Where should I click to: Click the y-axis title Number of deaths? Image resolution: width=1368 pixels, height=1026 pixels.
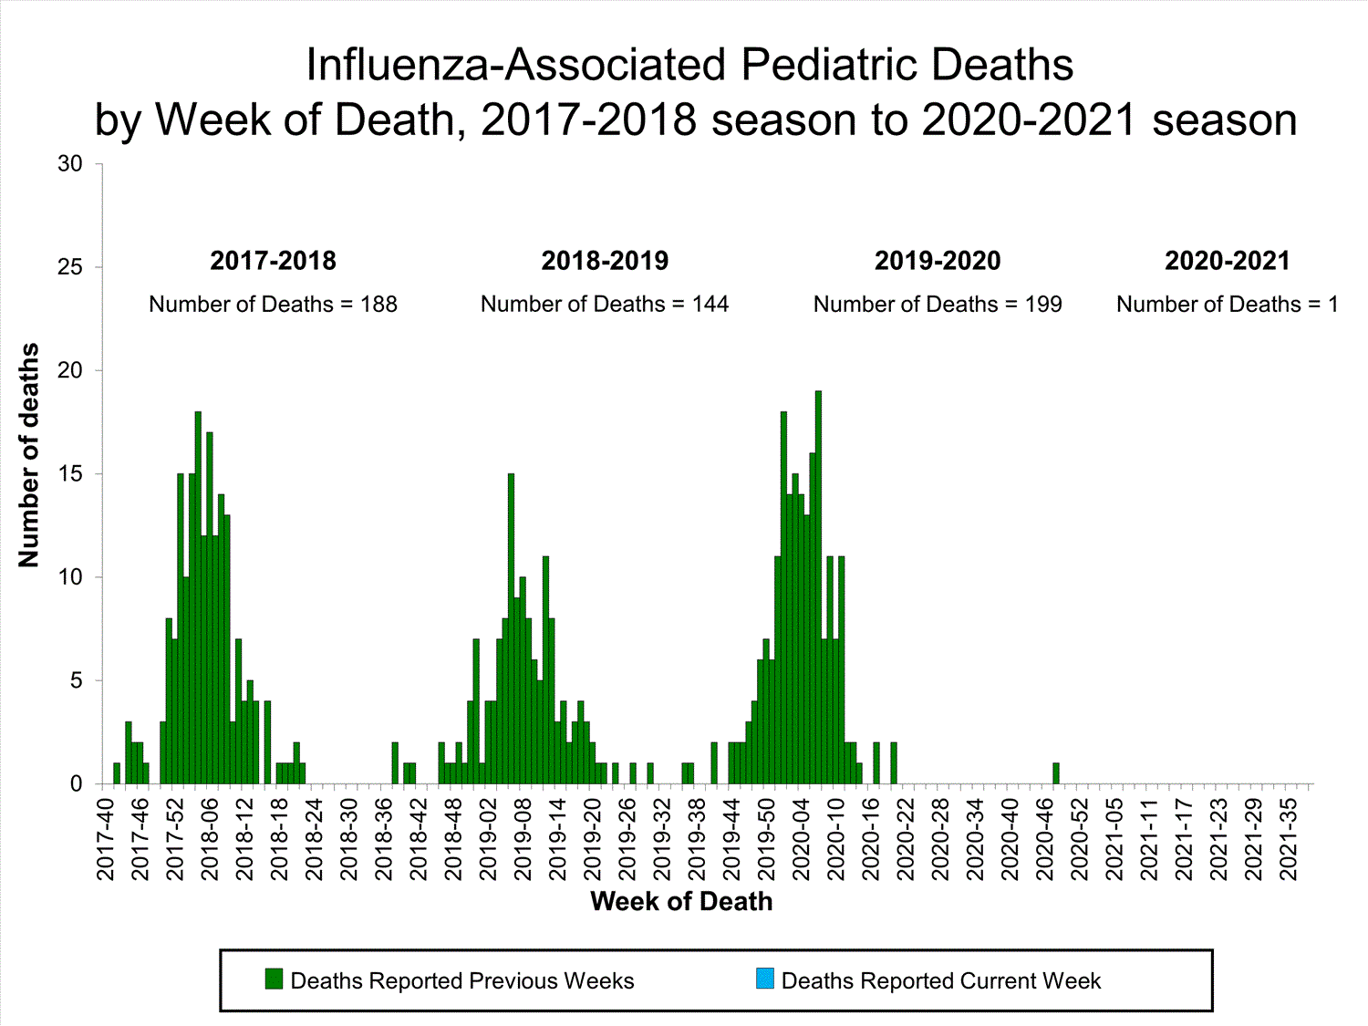click(29, 455)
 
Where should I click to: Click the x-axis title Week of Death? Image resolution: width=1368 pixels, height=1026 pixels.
click(681, 901)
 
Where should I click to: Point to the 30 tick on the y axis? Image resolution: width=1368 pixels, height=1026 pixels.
click(70, 164)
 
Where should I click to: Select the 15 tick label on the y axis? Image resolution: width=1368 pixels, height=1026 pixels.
click(70, 474)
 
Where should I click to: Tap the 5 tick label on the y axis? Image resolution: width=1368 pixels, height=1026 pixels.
click(76, 681)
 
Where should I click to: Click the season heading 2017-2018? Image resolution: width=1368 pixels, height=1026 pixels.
click(273, 261)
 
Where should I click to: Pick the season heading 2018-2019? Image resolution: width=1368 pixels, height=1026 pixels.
click(605, 261)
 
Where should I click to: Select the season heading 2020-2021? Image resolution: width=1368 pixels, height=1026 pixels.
click(1228, 261)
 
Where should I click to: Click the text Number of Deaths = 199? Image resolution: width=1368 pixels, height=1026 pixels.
click(938, 305)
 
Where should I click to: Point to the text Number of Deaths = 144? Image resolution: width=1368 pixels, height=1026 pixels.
click(605, 305)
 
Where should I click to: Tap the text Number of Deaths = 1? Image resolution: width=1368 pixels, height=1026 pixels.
click(1228, 305)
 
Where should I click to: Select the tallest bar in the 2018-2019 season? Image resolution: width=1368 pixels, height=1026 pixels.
click(511, 628)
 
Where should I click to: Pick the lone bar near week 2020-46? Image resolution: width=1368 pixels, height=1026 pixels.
click(1056, 773)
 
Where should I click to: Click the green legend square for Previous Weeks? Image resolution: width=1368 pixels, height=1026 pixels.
click(274, 979)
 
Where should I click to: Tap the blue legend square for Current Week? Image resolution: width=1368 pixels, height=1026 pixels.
click(764, 979)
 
